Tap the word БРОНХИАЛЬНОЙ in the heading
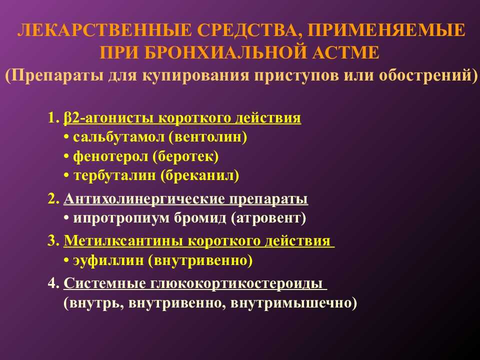tap(225, 52)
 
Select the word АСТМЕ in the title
tap(345, 52)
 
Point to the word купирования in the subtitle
tap(195, 75)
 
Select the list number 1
tap(53, 118)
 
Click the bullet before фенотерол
tap(66, 157)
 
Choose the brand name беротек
tap(186, 156)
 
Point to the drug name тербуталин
tap(114, 175)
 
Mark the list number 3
tap(53, 241)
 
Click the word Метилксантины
tap(123, 241)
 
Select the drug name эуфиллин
tap(108, 260)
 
